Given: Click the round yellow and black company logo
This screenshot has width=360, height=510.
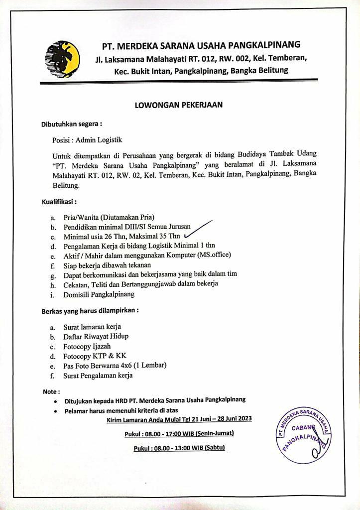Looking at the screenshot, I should click(x=63, y=59).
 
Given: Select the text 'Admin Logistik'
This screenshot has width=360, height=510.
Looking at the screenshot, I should click(x=95, y=140).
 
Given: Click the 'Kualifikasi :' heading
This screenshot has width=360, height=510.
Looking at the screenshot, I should click(x=59, y=202).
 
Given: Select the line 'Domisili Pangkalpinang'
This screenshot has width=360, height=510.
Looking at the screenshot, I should click(x=99, y=294).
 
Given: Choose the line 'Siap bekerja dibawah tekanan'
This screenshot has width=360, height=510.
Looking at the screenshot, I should click(x=107, y=264).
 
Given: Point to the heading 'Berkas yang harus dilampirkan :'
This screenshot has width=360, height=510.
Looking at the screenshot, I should click(x=90, y=310).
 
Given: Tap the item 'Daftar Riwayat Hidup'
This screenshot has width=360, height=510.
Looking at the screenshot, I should click(x=96, y=336).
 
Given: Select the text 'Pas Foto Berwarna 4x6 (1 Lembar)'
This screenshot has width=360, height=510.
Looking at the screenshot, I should click(x=115, y=366).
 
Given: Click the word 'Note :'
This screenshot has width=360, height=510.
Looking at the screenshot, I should click(x=51, y=391).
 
